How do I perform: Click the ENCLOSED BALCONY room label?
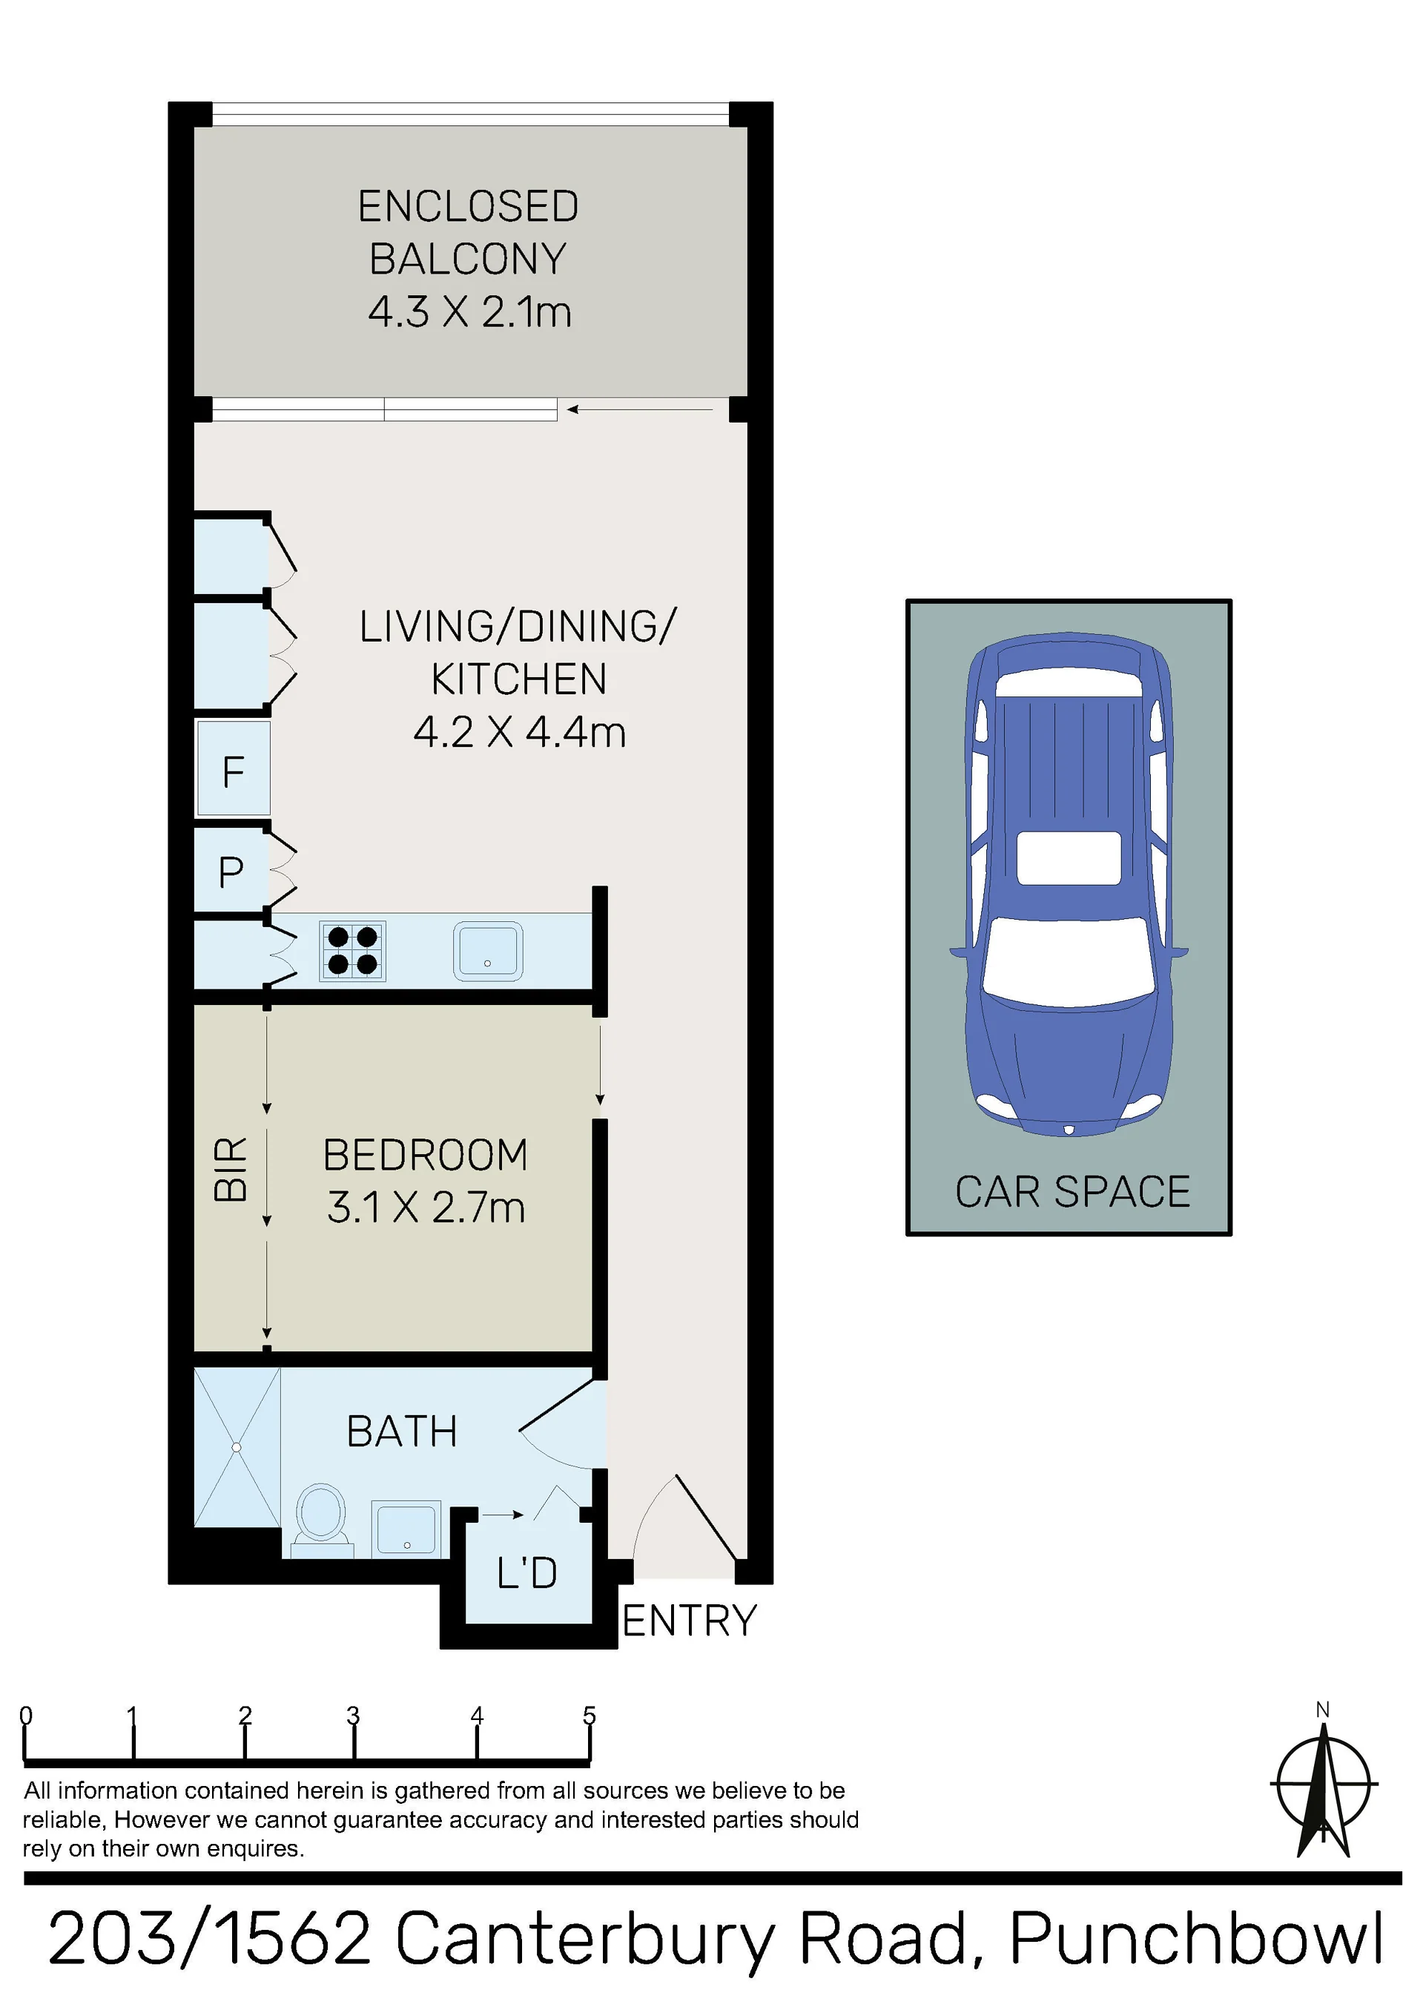point(468,232)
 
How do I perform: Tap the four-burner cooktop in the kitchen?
point(352,950)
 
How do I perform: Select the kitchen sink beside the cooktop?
point(487,950)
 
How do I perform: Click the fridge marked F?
point(234,769)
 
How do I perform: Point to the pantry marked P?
point(231,872)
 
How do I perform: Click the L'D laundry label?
point(527,1573)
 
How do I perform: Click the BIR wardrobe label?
point(231,1169)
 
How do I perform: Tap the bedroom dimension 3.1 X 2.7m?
point(426,1208)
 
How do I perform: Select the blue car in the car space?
point(1069,884)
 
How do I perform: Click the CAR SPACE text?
point(1072,1191)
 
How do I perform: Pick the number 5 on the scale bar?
point(590,1716)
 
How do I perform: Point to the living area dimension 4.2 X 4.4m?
point(520,732)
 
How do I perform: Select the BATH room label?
point(402,1431)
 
